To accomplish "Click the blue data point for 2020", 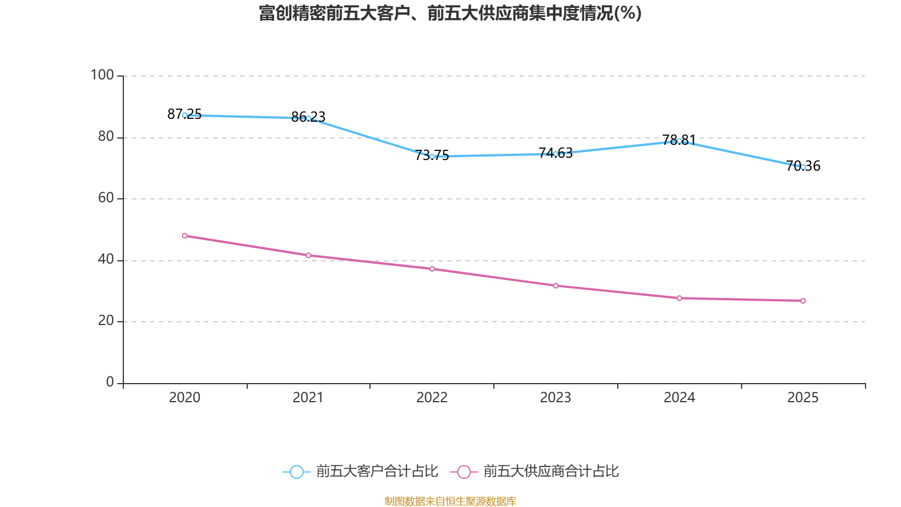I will (x=185, y=115).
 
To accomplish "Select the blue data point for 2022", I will (x=432, y=157).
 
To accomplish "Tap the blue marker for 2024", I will (x=679, y=141).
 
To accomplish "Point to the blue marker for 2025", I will (x=803, y=167).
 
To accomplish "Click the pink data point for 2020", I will (x=185, y=235).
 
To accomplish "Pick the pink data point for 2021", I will (x=309, y=255).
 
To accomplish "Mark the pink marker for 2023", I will (x=556, y=286).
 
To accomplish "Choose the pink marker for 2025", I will (x=803, y=301).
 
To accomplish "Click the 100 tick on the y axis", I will (x=102, y=75).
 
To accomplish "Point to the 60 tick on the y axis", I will (x=105, y=198).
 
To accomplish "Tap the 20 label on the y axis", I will (x=105, y=321).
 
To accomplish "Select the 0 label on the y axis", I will (x=110, y=382).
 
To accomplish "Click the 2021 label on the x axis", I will (x=308, y=398).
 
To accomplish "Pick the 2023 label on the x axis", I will (x=555, y=398).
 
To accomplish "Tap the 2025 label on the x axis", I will (x=802, y=398).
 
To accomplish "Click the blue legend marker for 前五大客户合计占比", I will (x=296, y=472).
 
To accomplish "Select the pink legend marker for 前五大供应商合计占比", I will (x=463, y=472).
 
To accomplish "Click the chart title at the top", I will (x=450, y=13).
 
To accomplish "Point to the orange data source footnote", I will (x=450, y=501).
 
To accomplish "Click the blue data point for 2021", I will (x=309, y=118).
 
